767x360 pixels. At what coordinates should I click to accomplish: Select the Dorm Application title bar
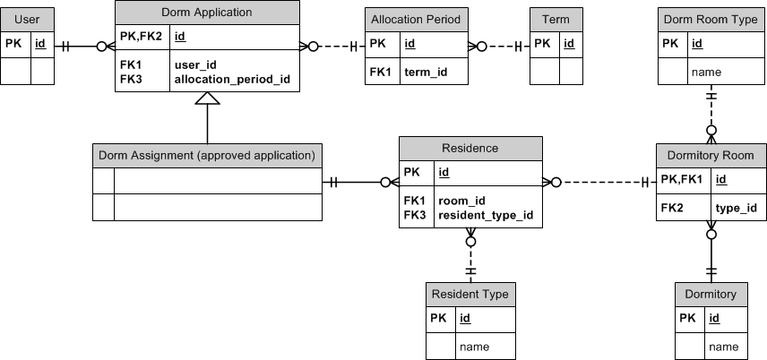pyautogui.click(x=207, y=13)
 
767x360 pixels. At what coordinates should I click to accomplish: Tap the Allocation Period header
pyautogui.click(x=415, y=19)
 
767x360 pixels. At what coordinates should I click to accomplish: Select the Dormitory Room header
pyautogui.click(x=711, y=155)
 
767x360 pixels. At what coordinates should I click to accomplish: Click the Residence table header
pyautogui.click(x=470, y=148)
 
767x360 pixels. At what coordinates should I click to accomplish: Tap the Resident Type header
pyautogui.click(x=470, y=294)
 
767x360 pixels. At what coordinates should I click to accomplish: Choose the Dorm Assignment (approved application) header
pyautogui.click(x=207, y=155)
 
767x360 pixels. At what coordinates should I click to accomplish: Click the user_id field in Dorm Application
pyautogui.click(x=194, y=64)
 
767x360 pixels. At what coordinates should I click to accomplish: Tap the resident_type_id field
pyautogui.click(x=485, y=215)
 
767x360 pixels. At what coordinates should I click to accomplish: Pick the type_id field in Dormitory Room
pyautogui.click(x=736, y=208)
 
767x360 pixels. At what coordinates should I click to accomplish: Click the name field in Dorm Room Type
pyautogui.click(x=707, y=72)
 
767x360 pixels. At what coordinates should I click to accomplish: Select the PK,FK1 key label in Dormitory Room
pyautogui.click(x=682, y=180)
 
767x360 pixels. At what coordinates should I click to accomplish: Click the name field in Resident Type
pyautogui.click(x=474, y=346)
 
